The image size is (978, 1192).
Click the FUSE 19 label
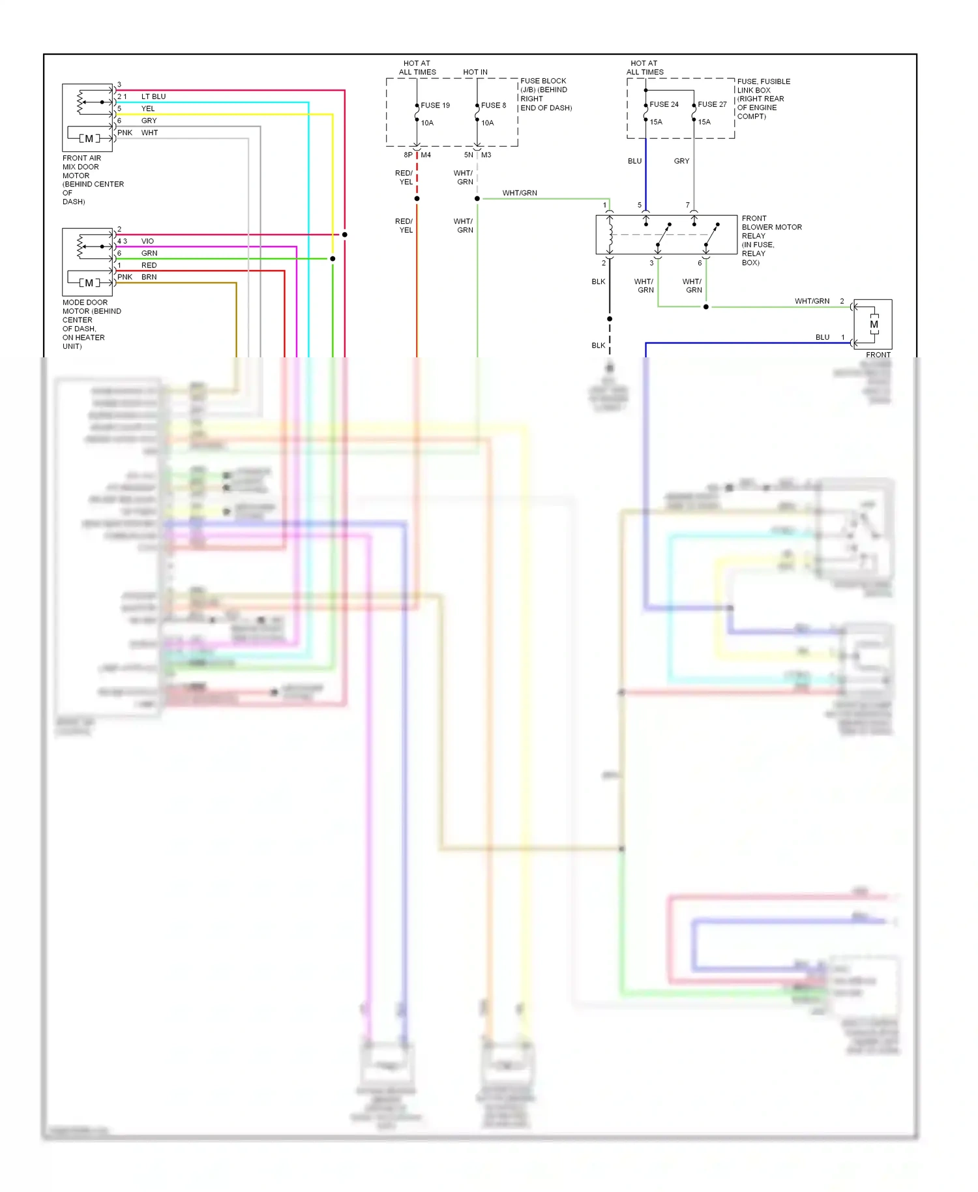click(435, 105)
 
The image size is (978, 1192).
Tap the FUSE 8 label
click(494, 105)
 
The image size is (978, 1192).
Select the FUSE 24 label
click(664, 104)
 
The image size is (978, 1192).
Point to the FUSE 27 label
click(712, 104)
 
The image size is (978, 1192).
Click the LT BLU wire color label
click(153, 97)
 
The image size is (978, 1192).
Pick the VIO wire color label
click(147, 241)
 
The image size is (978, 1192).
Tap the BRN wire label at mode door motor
click(149, 277)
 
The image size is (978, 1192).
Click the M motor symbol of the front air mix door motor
click(89, 138)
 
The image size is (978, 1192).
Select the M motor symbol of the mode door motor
click(89, 283)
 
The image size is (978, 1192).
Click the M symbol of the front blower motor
click(874, 325)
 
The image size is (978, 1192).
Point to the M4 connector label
click(426, 155)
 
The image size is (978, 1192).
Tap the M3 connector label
click(486, 155)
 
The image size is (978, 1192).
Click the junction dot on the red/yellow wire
click(417, 198)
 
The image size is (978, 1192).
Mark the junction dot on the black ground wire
click(610, 319)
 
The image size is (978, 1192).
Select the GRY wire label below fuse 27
click(681, 161)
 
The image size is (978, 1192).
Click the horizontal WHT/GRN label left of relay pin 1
click(520, 193)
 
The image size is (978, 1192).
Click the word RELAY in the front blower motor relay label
click(753, 236)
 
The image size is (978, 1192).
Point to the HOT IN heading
click(475, 72)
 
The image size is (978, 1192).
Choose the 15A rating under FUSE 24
click(656, 122)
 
